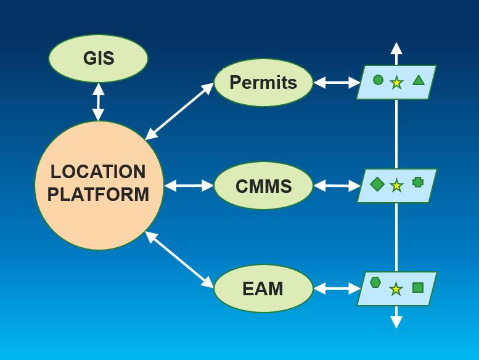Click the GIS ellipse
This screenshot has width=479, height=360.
[98, 59]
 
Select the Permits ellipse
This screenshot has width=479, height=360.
[263, 83]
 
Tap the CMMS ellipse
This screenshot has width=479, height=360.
[263, 186]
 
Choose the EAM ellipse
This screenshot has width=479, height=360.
[263, 288]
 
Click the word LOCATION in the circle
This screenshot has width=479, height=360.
[98, 171]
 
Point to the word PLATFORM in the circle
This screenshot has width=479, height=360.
[98, 195]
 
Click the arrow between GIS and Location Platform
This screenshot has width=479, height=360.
[98, 102]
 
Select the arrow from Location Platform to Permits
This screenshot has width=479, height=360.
[179, 112]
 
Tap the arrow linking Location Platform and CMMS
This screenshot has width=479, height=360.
[189, 186]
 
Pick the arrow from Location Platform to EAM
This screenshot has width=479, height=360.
[179, 260]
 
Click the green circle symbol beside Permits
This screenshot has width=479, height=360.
[378, 80]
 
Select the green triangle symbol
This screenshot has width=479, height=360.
[419, 80]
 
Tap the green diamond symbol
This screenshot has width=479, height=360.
[377, 184]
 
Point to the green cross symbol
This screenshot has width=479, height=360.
[417, 182]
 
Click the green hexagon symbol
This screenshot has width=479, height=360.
[375, 282]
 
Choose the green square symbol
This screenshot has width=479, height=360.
[418, 287]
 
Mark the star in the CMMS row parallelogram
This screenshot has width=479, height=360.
[396, 186]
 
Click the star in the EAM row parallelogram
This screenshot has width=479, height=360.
[396, 289]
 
